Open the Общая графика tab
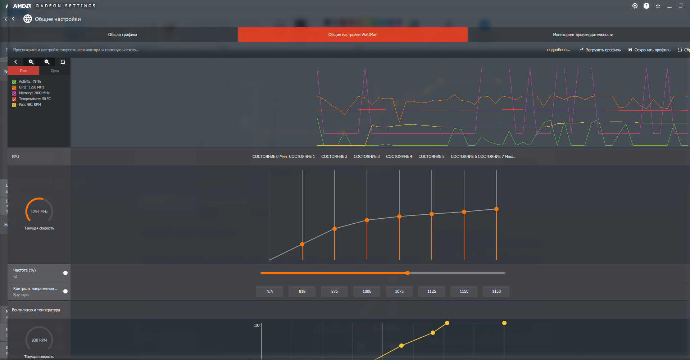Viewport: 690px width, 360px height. (122, 35)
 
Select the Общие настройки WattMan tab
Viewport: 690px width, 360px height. (353, 35)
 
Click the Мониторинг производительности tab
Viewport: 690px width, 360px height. (583, 35)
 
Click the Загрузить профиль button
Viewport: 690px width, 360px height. (600, 50)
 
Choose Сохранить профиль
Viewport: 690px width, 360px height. (649, 50)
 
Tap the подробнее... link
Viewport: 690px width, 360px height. (558, 50)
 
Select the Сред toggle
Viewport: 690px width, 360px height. (55, 71)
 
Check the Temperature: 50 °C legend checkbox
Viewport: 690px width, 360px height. (14, 99)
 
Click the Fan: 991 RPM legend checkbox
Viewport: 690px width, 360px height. (14, 105)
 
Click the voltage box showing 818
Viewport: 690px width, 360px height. (302, 291)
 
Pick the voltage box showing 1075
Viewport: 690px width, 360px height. (399, 291)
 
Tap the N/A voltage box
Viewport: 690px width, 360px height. (270, 291)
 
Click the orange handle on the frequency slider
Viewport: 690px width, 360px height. (408, 273)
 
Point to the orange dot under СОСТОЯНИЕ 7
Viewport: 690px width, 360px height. (496, 209)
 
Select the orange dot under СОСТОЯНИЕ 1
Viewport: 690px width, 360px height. (302, 244)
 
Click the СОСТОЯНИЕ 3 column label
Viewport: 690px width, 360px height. (367, 157)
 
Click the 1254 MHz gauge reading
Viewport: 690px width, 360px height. (39, 212)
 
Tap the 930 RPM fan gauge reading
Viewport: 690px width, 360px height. (39, 340)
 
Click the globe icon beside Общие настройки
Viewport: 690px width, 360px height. (28, 19)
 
